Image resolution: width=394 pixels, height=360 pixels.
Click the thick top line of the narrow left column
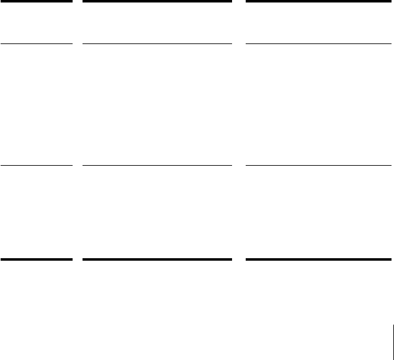click(36, 1)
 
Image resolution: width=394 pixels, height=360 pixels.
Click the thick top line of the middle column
click(157, 1)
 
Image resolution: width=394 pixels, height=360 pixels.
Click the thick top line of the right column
click(319, 1)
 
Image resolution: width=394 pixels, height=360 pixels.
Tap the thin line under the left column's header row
click(36, 44)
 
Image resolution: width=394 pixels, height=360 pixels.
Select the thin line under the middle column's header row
click(157, 44)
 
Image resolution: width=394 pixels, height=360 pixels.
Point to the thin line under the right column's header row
click(319, 44)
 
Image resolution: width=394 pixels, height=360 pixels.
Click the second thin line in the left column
click(36, 166)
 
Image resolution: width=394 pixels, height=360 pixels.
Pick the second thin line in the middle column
click(157, 166)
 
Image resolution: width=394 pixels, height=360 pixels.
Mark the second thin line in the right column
click(319, 166)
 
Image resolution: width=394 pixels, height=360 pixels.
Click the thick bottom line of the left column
click(36, 259)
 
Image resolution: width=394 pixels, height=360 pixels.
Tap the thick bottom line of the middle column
click(157, 259)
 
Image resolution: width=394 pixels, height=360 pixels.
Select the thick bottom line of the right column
click(319, 259)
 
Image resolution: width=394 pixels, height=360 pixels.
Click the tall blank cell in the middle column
click(157, 105)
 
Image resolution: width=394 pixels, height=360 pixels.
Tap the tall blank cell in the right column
click(319, 105)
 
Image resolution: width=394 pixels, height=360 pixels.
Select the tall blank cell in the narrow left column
click(36, 105)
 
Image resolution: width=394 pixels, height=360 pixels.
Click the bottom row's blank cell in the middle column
click(157, 212)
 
